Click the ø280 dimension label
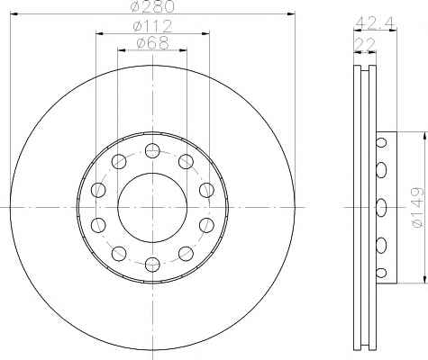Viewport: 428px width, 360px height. coord(152,6)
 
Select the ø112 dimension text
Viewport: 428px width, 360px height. coord(152,26)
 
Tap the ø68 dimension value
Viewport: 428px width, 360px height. coord(152,43)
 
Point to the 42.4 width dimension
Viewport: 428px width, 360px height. coord(376,22)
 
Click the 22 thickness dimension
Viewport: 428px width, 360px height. coord(365,45)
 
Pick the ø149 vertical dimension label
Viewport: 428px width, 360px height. coord(417,207)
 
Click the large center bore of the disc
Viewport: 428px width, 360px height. coord(152,207)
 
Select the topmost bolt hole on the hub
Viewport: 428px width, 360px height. coord(152,150)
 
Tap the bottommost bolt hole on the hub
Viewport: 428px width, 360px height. coord(152,265)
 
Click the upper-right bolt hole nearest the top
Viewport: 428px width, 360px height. coord(186,161)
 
